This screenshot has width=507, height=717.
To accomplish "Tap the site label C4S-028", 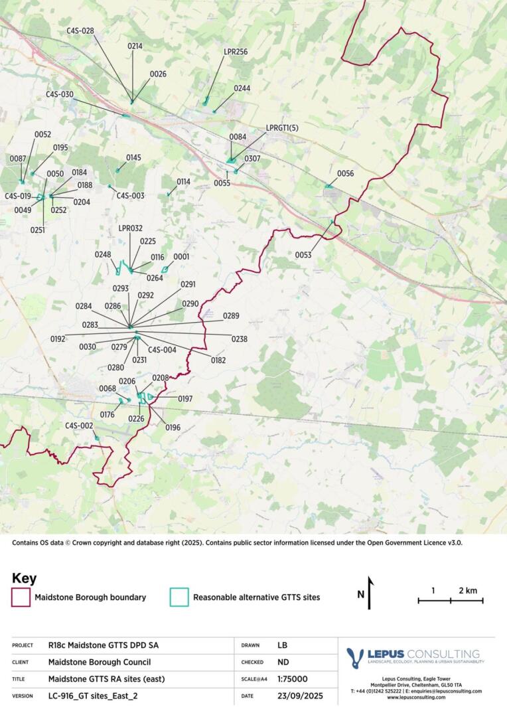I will [x=80, y=31].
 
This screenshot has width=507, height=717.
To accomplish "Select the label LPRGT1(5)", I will [x=282, y=127].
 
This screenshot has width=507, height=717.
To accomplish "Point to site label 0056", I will [x=345, y=173].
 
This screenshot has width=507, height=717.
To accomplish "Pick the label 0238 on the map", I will [x=239, y=339].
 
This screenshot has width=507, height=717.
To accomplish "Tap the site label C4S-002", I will [x=78, y=426].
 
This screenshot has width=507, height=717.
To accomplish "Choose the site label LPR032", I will [x=131, y=228].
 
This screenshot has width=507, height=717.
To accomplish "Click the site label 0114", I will [x=183, y=182].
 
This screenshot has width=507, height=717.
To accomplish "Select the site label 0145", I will [x=133, y=157].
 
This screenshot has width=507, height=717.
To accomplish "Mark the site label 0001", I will [x=181, y=256].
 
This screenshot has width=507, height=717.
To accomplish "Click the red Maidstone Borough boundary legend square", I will [x=21, y=597].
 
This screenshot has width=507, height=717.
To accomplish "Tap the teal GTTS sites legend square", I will [x=179, y=597].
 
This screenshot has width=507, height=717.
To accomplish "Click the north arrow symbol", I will [x=370, y=590].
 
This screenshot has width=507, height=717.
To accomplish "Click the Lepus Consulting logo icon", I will [x=356, y=657].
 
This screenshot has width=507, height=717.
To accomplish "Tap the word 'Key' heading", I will [x=24, y=578].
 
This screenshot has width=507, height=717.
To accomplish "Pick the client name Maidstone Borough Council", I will [x=100, y=662].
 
